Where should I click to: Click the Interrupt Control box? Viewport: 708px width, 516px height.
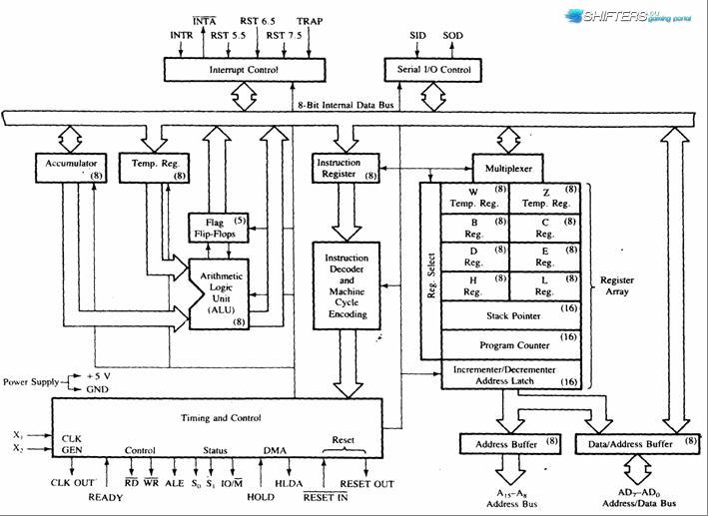click(x=245, y=70)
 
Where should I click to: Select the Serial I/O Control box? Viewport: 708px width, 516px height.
click(x=432, y=70)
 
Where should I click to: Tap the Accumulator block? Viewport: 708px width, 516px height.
click(x=71, y=168)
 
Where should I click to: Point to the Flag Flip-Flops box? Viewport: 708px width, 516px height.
click(x=218, y=228)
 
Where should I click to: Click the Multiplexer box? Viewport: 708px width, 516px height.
click(x=508, y=169)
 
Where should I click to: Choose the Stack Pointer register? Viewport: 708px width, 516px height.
click(x=510, y=316)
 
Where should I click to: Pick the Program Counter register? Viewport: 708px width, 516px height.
click(x=510, y=345)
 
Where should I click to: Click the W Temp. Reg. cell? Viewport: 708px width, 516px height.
click(x=474, y=199)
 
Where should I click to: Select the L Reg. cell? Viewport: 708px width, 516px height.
click(x=545, y=286)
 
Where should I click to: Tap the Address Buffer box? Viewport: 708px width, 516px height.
click(x=509, y=444)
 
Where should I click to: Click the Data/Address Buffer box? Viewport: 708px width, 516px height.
click(x=637, y=444)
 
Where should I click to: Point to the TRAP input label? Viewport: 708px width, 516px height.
click(x=310, y=21)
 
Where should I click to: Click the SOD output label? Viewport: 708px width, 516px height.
click(x=452, y=35)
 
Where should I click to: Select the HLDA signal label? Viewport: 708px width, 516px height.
click(x=289, y=483)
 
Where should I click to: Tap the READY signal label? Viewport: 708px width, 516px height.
click(x=105, y=497)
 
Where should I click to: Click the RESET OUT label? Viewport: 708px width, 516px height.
click(x=366, y=484)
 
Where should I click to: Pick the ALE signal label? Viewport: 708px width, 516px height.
click(x=175, y=483)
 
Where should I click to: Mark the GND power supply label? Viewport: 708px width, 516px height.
click(x=97, y=389)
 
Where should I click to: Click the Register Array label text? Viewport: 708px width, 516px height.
click(x=617, y=285)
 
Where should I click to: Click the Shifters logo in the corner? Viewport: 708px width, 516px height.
click(x=628, y=16)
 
